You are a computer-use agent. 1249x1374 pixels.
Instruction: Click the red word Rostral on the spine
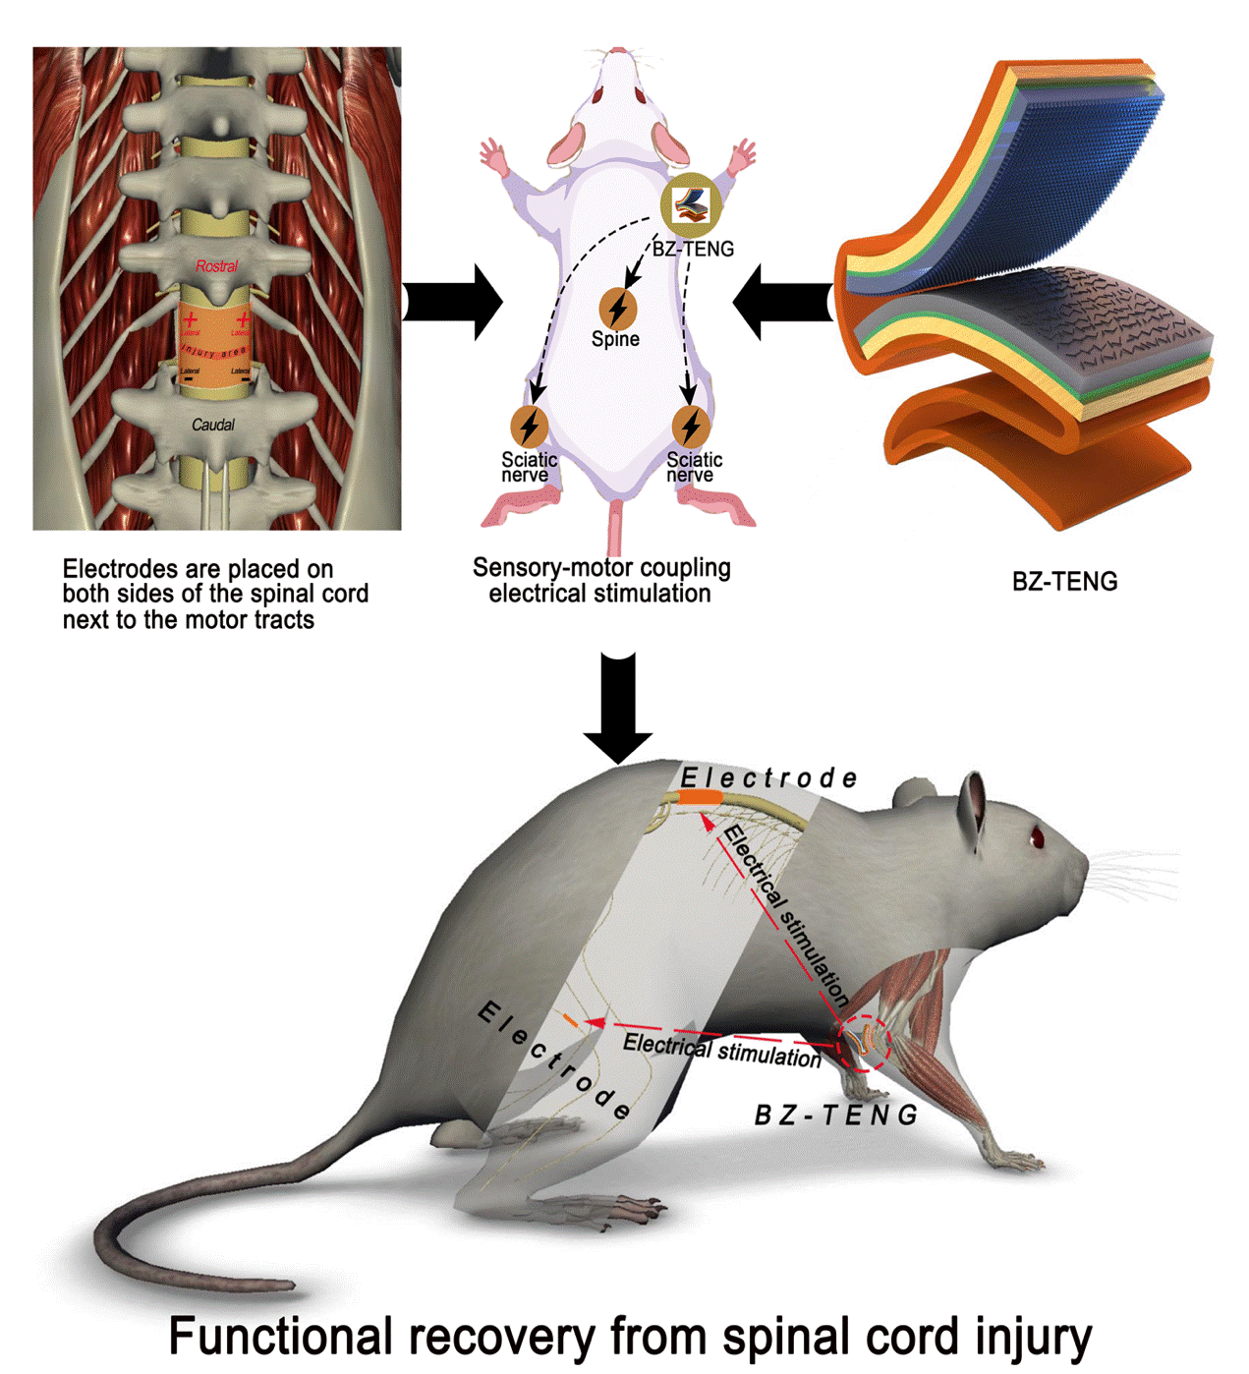(216, 265)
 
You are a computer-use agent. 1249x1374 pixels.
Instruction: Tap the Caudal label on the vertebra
(213, 425)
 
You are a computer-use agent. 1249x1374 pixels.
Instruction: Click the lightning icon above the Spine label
(617, 309)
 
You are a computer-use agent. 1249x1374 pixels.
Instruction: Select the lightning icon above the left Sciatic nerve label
(530, 426)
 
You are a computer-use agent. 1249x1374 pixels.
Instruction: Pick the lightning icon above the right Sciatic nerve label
(691, 426)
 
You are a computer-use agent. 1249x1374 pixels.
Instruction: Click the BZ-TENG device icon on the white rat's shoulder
(691, 204)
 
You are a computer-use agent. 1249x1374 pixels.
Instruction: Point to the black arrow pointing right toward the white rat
(451, 302)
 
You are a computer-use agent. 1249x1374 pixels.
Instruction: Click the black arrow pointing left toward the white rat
(782, 302)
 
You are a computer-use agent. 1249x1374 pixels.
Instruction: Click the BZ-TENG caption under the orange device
(1064, 582)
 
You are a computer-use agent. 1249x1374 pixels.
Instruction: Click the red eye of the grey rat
(1037, 836)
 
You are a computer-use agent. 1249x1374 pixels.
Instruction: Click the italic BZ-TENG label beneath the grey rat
(835, 1116)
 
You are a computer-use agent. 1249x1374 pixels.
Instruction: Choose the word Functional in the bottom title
(282, 1337)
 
